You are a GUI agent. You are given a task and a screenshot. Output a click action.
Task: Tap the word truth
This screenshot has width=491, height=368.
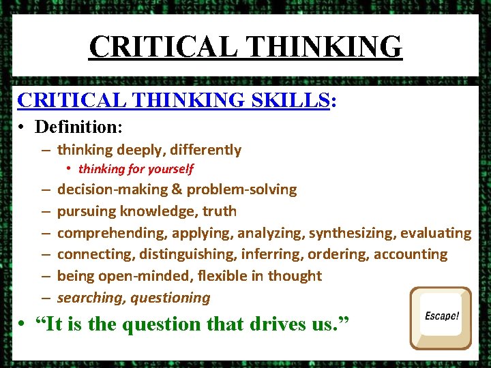click(220, 211)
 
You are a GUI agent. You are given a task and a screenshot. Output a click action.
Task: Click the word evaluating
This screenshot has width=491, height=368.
click(436, 233)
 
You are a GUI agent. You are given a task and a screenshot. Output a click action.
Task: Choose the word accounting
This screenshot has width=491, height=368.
click(413, 255)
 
